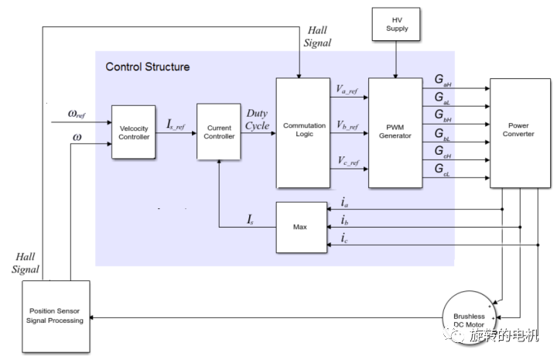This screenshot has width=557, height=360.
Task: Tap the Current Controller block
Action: click(x=219, y=132)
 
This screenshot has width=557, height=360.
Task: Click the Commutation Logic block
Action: click(x=303, y=132)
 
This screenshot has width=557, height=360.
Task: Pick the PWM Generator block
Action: click(x=396, y=132)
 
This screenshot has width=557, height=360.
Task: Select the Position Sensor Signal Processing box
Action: click(x=56, y=316)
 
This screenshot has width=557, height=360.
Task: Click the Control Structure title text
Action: click(x=148, y=67)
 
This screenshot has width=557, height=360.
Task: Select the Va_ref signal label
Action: click(x=347, y=91)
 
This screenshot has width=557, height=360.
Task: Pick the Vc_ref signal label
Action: click(x=347, y=161)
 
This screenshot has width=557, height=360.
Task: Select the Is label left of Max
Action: click(x=251, y=221)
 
